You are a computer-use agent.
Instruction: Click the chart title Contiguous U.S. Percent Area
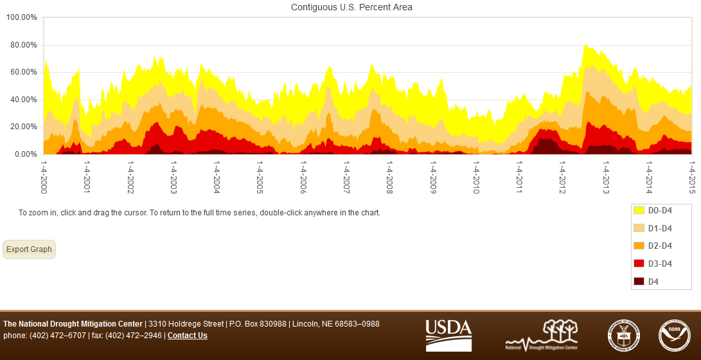point(351,8)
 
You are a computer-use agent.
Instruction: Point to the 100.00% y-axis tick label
point(21,17)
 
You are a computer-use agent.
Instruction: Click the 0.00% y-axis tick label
point(25,154)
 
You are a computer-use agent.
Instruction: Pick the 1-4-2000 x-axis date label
point(44,176)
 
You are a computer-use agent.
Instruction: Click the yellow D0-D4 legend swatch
point(639,210)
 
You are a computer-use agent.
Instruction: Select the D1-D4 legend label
point(660,228)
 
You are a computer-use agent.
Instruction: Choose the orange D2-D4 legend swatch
point(639,246)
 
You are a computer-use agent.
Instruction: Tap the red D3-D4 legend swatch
point(639,264)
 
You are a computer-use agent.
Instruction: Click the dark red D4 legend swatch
point(639,282)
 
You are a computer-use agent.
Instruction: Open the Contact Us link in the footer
point(188,336)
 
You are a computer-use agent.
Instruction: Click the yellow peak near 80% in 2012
point(585,48)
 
